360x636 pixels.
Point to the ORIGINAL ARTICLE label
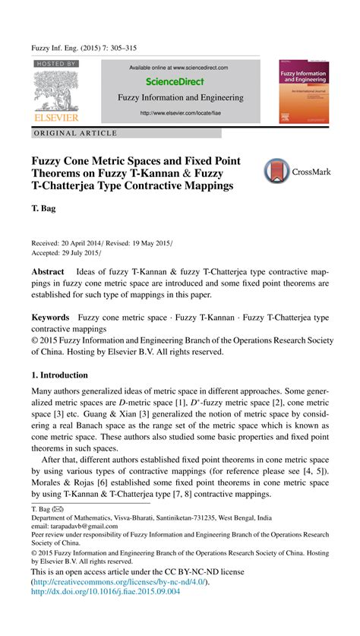77,133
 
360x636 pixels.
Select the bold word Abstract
47,271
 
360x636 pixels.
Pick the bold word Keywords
49,317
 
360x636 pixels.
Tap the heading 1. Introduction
59,375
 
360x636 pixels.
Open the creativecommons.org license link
118,582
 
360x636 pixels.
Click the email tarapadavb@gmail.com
80,526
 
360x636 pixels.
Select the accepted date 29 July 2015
79,252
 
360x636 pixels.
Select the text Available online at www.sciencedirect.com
179,68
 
